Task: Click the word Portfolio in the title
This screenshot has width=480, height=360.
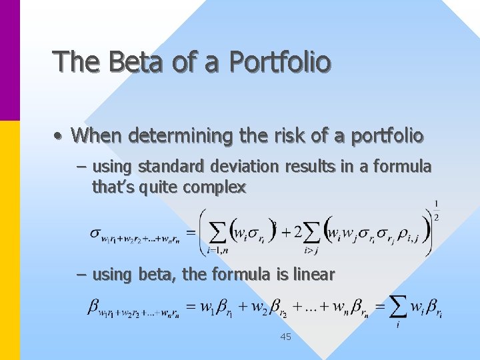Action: (x=279, y=62)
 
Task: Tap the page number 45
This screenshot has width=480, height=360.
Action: (x=285, y=337)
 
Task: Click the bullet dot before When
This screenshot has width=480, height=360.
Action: (x=59, y=137)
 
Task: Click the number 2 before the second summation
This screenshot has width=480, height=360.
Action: (x=297, y=233)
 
